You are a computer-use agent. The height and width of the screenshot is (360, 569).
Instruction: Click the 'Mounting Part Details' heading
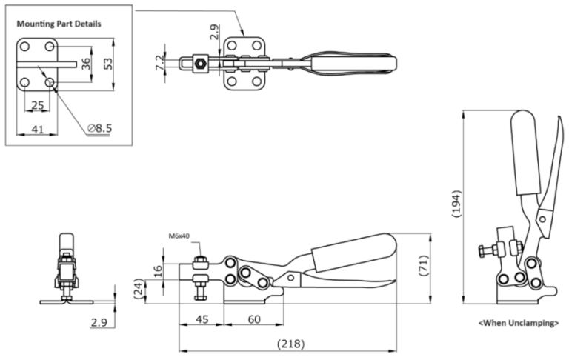click(59, 24)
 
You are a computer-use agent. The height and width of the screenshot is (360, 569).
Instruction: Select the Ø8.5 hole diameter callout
click(100, 128)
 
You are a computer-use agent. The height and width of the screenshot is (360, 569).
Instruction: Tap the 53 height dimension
click(108, 63)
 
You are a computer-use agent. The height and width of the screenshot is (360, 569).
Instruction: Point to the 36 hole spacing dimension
click(86, 64)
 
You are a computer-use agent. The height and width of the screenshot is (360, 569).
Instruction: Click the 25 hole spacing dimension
click(38, 106)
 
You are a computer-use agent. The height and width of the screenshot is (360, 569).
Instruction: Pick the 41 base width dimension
click(38, 129)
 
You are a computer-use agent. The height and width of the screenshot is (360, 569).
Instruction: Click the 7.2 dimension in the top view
click(160, 63)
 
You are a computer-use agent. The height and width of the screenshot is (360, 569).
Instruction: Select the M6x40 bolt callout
click(179, 236)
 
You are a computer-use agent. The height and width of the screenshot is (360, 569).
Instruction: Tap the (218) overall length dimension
click(290, 343)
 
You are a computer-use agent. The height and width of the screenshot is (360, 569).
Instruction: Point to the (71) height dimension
click(424, 266)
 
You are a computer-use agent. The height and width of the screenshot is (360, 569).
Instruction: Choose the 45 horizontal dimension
click(202, 319)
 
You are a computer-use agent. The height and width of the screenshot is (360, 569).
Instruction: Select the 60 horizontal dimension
click(254, 319)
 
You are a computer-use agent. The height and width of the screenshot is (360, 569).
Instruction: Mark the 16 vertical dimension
click(158, 271)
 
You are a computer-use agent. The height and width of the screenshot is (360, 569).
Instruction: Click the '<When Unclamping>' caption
click(519, 323)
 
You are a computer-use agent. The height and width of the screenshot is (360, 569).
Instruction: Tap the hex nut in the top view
click(199, 64)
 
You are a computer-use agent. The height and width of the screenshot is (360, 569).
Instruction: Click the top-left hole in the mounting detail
click(24, 47)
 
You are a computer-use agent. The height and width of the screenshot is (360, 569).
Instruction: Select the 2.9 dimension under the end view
click(99, 323)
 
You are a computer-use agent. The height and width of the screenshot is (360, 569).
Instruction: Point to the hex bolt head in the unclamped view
click(482, 251)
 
